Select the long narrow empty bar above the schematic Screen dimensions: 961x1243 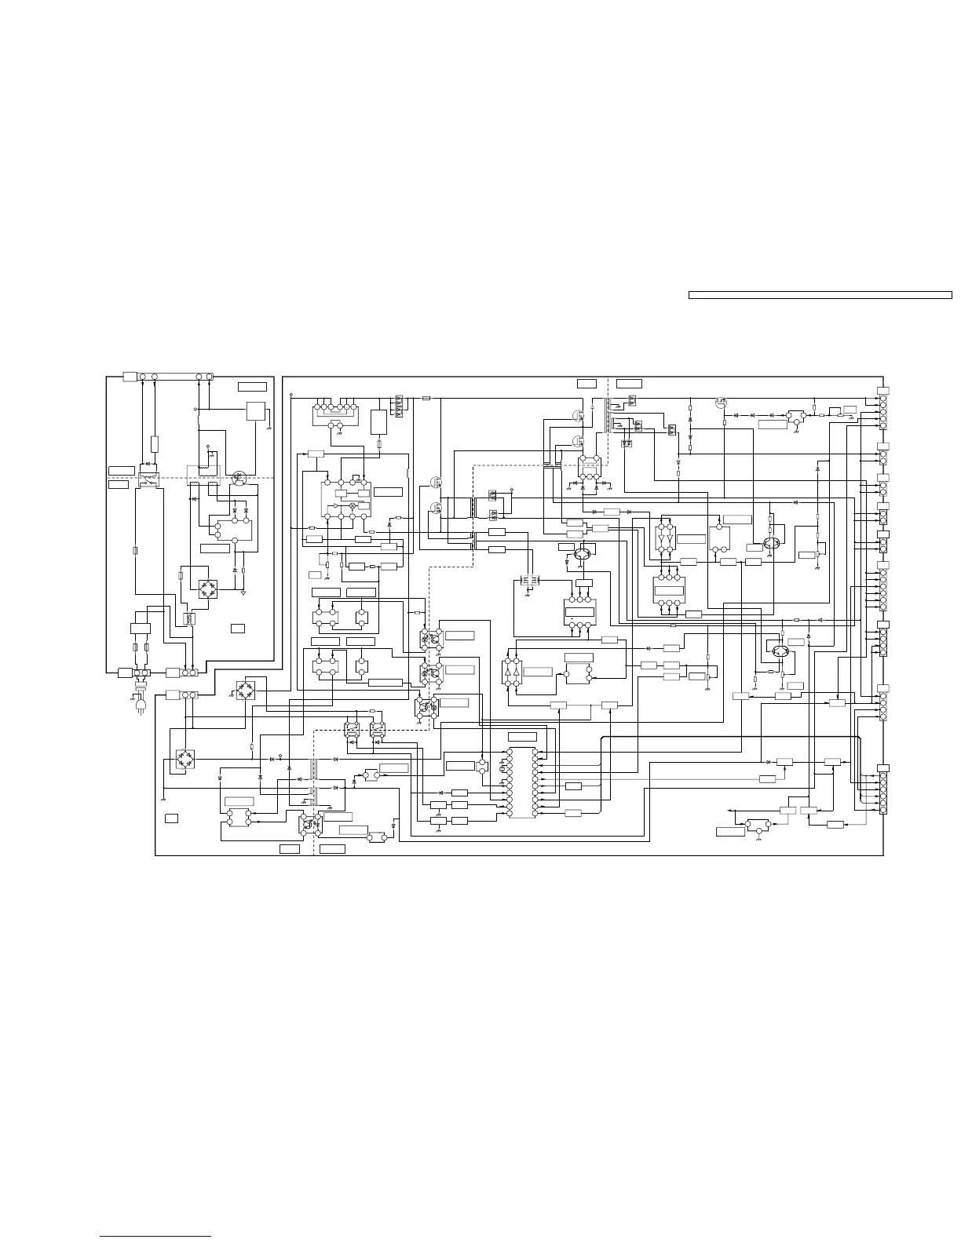[820, 295]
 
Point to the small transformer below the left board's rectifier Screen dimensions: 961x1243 [188, 618]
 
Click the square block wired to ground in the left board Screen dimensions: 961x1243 [256, 411]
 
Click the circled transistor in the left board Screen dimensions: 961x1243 [239, 477]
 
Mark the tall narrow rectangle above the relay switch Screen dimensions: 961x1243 [155, 443]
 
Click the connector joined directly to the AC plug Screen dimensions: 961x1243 [141, 673]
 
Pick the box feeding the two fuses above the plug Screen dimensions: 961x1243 [142, 629]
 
